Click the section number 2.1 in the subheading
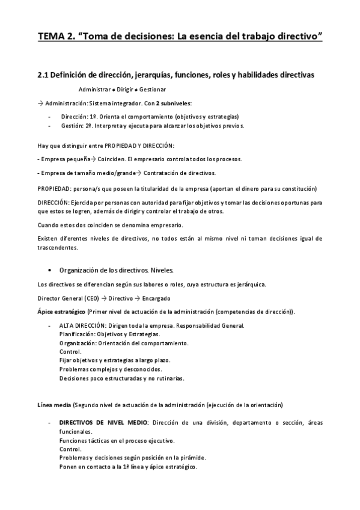click(43, 75)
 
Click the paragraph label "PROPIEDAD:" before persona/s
click(53, 188)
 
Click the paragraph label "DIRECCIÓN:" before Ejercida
click(53, 203)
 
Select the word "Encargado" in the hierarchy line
click(156, 298)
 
